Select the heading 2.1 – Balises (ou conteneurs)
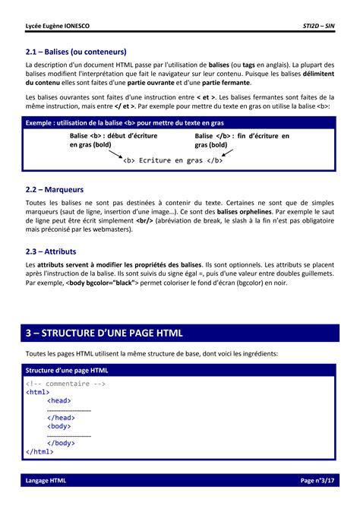click(x=76, y=52)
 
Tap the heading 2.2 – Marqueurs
click(x=55, y=189)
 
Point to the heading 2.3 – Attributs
click(x=51, y=251)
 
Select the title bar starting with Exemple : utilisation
click(x=125, y=122)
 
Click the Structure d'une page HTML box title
click(x=67, y=370)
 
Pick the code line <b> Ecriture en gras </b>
click(x=172, y=160)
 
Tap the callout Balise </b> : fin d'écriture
click(x=242, y=140)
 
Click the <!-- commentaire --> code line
click(x=65, y=384)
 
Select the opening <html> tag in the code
click(x=39, y=393)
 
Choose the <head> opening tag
click(x=59, y=401)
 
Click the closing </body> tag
click(x=61, y=443)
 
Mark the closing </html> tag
click(x=40, y=451)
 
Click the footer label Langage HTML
click(x=46, y=481)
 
